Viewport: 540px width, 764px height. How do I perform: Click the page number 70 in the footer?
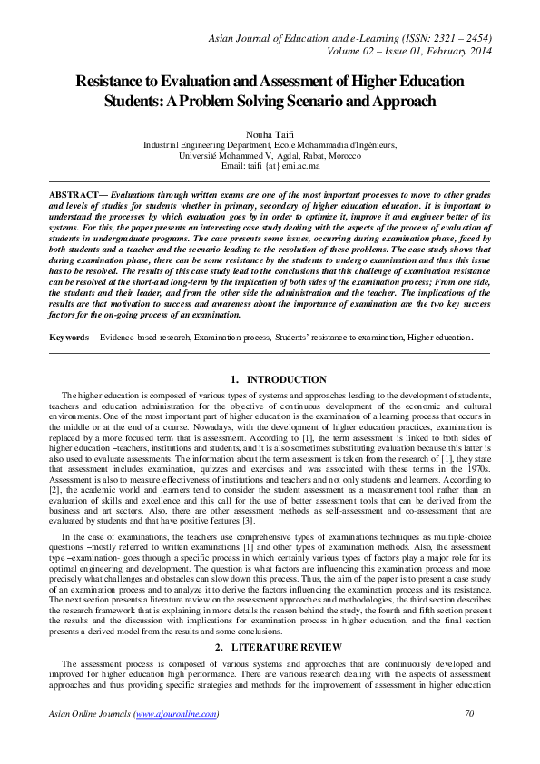(469, 714)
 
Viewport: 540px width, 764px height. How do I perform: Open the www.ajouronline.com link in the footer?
(176, 714)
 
